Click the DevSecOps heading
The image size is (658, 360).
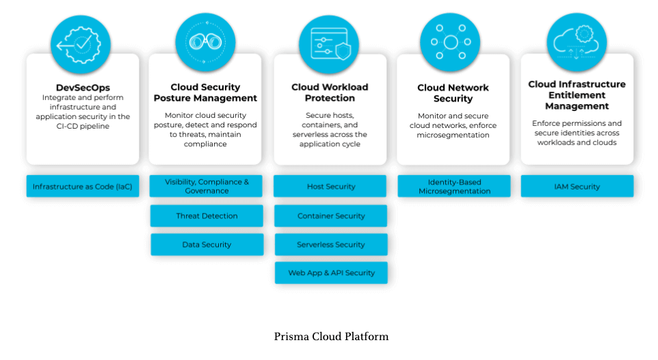click(83, 88)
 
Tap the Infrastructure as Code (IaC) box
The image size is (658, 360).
click(83, 186)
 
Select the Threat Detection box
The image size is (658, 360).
click(207, 216)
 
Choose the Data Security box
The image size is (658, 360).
click(207, 244)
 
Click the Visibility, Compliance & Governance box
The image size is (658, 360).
click(207, 186)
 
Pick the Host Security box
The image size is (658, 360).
click(331, 186)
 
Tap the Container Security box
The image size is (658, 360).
click(331, 216)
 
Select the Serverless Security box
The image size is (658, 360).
click(331, 244)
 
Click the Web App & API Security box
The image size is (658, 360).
click(331, 272)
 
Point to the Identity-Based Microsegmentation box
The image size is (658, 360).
click(454, 186)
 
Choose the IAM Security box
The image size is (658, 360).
click(577, 186)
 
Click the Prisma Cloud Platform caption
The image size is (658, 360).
click(331, 336)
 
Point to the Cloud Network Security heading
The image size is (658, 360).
click(453, 93)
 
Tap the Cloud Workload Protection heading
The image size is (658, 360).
click(330, 92)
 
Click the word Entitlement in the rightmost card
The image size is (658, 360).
click(577, 95)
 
